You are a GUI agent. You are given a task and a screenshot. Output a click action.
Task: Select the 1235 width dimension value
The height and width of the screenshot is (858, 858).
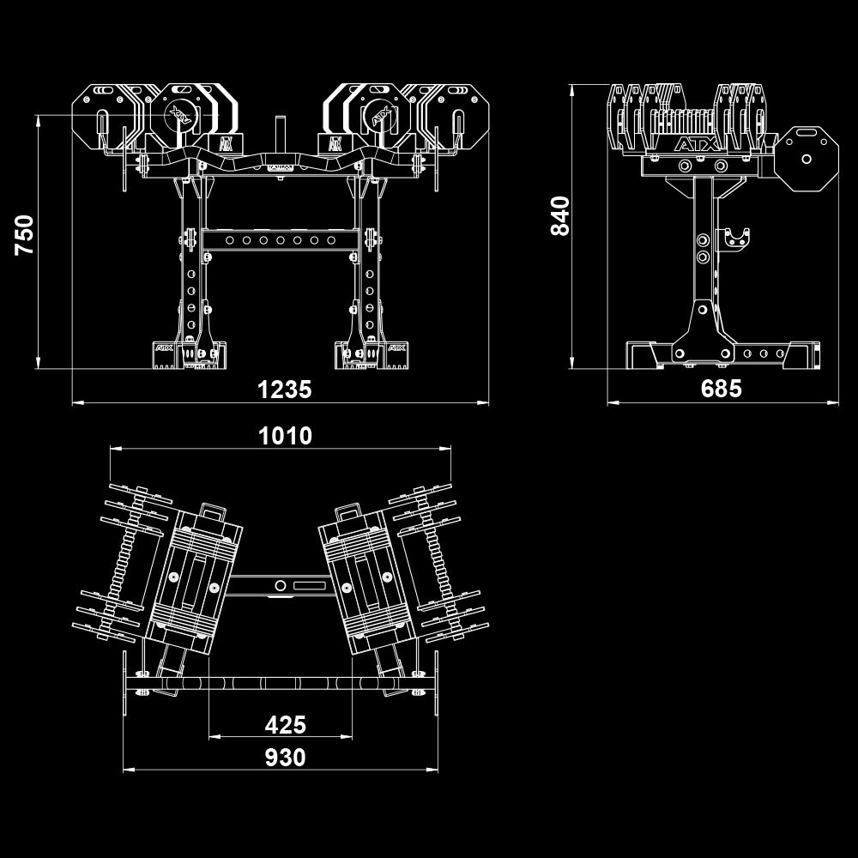point(285,390)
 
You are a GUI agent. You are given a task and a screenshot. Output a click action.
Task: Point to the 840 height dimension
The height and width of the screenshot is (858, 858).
point(559,216)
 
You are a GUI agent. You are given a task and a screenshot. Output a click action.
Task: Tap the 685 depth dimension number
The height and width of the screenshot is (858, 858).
point(721,390)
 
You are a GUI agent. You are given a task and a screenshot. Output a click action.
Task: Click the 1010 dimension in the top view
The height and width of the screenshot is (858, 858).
point(285,436)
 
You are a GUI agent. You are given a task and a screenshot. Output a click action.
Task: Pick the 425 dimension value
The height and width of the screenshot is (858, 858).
point(285,725)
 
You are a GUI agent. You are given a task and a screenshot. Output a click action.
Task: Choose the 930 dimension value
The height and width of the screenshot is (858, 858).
point(285,758)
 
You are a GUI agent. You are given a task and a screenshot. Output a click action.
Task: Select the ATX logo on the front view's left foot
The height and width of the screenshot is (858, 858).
point(163,348)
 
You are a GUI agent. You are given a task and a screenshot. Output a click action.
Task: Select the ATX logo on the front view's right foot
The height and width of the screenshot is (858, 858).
point(396,348)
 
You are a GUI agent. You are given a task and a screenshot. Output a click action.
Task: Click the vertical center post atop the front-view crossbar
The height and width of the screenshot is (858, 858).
point(279,136)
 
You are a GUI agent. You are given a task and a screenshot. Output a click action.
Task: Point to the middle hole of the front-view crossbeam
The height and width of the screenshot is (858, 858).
point(280,240)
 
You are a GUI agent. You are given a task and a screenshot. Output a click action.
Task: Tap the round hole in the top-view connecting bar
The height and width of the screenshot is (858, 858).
point(280,585)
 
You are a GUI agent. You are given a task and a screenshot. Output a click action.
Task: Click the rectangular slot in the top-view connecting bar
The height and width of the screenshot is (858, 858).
point(310,585)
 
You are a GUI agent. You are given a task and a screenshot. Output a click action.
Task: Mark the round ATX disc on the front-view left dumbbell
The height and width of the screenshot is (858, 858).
point(181,112)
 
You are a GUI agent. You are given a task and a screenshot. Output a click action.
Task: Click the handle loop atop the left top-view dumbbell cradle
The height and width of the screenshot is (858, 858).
point(210,512)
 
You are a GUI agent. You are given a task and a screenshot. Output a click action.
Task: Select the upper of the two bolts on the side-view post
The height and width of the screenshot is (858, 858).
point(704,240)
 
